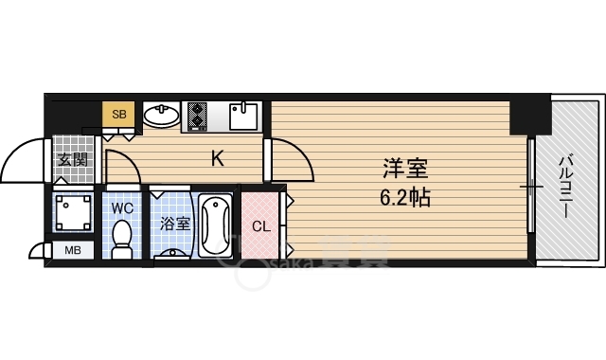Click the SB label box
pyautogui.click(x=119, y=115)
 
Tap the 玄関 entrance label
pyautogui.click(x=73, y=159)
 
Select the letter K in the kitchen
pyautogui.click(x=217, y=159)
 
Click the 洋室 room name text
pyautogui.click(x=404, y=170)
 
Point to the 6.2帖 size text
pyautogui.click(x=405, y=199)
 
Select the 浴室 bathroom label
pyautogui.click(x=173, y=225)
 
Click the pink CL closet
pyautogui.click(x=260, y=226)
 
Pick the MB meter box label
pyautogui.click(x=72, y=251)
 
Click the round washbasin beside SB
pyautogui.click(x=161, y=117)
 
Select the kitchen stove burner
pyautogui.click(x=197, y=117)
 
